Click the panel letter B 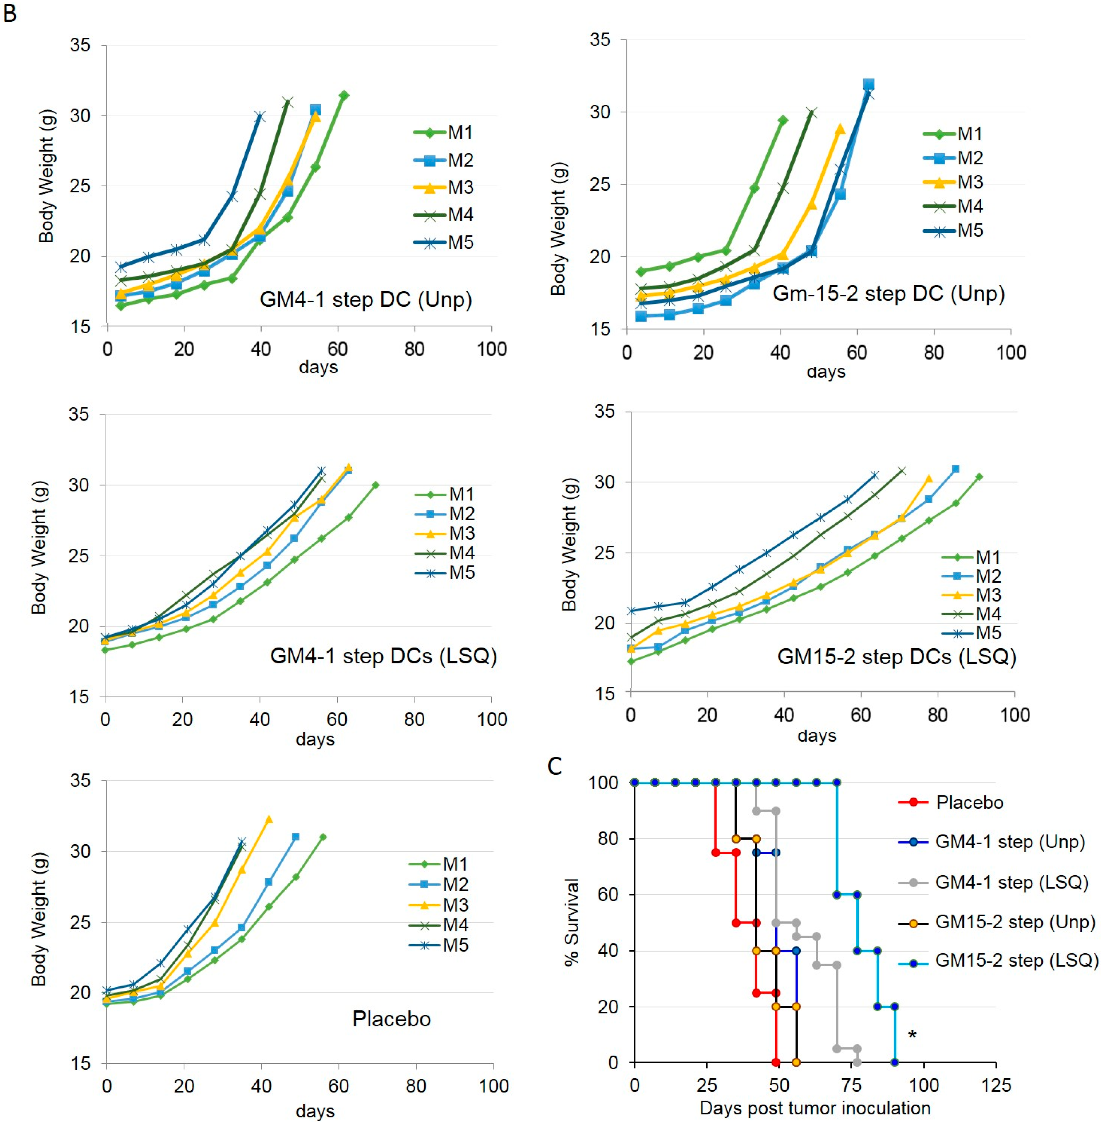[10, 13]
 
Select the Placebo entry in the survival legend [969, 803]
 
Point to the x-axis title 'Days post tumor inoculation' [815, 1108]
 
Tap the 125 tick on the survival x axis [996, 1085]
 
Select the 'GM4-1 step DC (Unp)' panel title [366, 300]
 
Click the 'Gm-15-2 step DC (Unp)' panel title [888, 294]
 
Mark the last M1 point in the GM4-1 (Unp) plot [344, 95]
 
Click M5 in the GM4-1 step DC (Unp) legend [460, 242]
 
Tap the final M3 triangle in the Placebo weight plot [268, 820]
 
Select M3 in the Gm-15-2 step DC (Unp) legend [970, 182]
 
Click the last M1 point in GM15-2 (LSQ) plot [979, 477]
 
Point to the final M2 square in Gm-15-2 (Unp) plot [869, 84]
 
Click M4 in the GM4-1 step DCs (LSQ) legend [462, 553]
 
